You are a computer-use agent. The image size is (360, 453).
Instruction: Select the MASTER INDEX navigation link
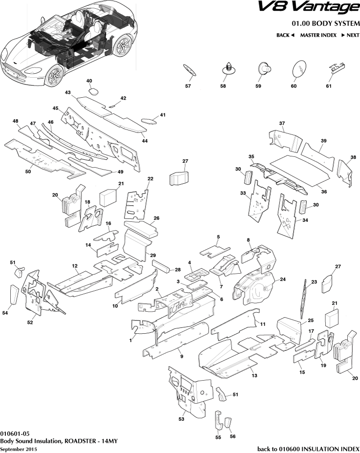coord(318,35)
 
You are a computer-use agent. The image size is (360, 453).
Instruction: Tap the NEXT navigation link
coord(350,35)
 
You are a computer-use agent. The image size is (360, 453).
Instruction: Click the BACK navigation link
coord(285,35)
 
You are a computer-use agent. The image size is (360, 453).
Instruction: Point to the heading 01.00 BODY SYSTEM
coord(326,23)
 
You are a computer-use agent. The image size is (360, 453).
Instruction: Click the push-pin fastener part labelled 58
coord(228,68)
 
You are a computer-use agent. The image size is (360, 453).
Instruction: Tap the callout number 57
coord(188,86)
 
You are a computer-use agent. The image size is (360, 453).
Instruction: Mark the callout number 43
coord(67,92)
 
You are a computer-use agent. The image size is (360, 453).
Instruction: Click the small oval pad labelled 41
coord(148,120)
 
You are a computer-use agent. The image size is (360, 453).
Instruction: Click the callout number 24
coord(282,280)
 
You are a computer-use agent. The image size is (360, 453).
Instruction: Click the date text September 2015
coord(18,449)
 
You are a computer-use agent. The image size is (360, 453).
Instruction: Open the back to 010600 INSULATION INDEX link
coord(308,449)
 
